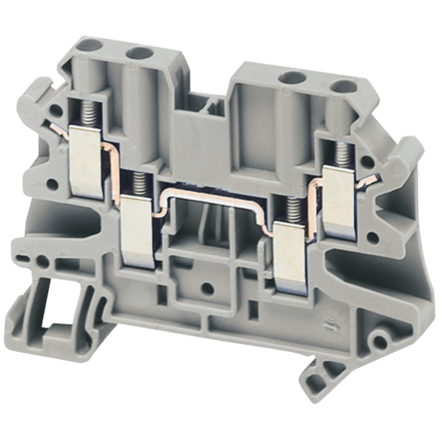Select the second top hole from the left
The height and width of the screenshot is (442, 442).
tap(140, 53)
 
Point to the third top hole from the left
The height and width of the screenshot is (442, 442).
tap(292, 78)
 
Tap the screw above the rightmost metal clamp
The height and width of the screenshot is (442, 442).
tap(342, 155)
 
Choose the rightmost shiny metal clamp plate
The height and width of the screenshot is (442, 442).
tap(339, 202)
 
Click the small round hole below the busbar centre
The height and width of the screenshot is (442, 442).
tap(208, 288)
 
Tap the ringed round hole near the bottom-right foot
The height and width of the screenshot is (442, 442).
tap(380, 341)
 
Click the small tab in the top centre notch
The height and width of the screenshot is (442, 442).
tap(213, 105)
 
